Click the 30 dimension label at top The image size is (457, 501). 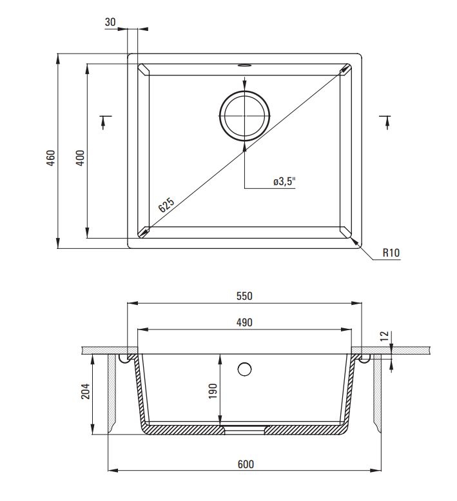point(110,22)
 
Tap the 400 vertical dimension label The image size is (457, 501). point(80,159)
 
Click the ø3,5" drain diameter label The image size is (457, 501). point(283,182)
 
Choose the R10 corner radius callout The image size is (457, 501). point(391,253)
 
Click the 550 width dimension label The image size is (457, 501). point(244,296)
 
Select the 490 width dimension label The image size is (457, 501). point(244,322)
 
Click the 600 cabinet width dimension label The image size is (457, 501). point(245,464)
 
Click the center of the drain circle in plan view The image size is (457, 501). point(244,115)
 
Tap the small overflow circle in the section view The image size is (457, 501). point(244,369)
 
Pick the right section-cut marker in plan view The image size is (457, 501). point(385,121)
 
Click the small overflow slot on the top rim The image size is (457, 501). point(244,65)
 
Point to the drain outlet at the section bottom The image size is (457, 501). point(244,427)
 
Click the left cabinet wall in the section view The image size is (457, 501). point(111,393)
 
